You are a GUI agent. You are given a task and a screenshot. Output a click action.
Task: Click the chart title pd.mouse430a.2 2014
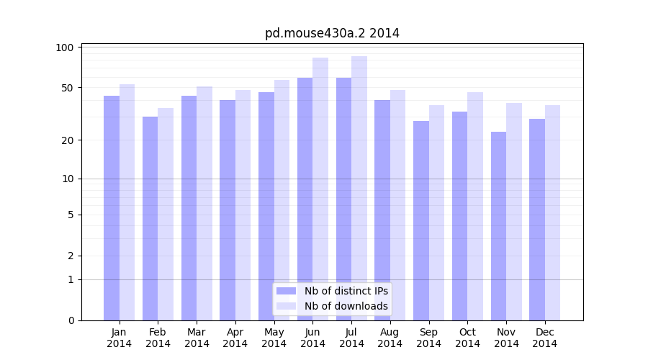pos(332,33)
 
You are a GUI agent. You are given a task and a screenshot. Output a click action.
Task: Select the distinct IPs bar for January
pos(112,208)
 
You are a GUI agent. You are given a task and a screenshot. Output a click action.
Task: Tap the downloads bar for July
pos(359,188)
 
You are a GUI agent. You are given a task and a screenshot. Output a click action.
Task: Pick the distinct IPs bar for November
pos(498,226)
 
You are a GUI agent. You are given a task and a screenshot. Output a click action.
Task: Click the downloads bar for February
pos(166,214)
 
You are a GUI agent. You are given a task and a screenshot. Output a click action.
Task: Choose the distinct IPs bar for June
pos(305,199)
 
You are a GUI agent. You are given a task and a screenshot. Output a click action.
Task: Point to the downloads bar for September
pos(437,212)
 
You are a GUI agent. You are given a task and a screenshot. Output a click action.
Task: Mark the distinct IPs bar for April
pos(228,210)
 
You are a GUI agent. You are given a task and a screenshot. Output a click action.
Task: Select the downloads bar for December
pos(553,212)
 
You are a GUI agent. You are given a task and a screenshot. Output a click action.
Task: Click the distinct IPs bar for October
pos(459,216)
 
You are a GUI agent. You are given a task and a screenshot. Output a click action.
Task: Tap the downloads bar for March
pos(204,203)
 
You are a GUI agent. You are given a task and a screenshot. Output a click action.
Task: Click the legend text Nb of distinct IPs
pos(346,291)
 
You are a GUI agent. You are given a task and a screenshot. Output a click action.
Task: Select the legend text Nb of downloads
pos(346,306)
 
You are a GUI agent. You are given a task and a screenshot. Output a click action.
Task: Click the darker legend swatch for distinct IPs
pos(287,291)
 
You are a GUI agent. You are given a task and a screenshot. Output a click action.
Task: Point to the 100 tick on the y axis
pos(65,48)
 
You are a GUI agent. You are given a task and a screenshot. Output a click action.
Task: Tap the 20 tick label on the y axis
pos(68,140)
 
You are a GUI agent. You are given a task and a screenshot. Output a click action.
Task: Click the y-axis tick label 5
pos(71,215)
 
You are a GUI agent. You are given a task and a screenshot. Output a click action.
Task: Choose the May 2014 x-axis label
pos(274,338)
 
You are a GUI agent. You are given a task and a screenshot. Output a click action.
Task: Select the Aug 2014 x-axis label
pos(390,338)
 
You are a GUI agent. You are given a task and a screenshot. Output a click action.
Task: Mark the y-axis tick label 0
pos(71,320)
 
